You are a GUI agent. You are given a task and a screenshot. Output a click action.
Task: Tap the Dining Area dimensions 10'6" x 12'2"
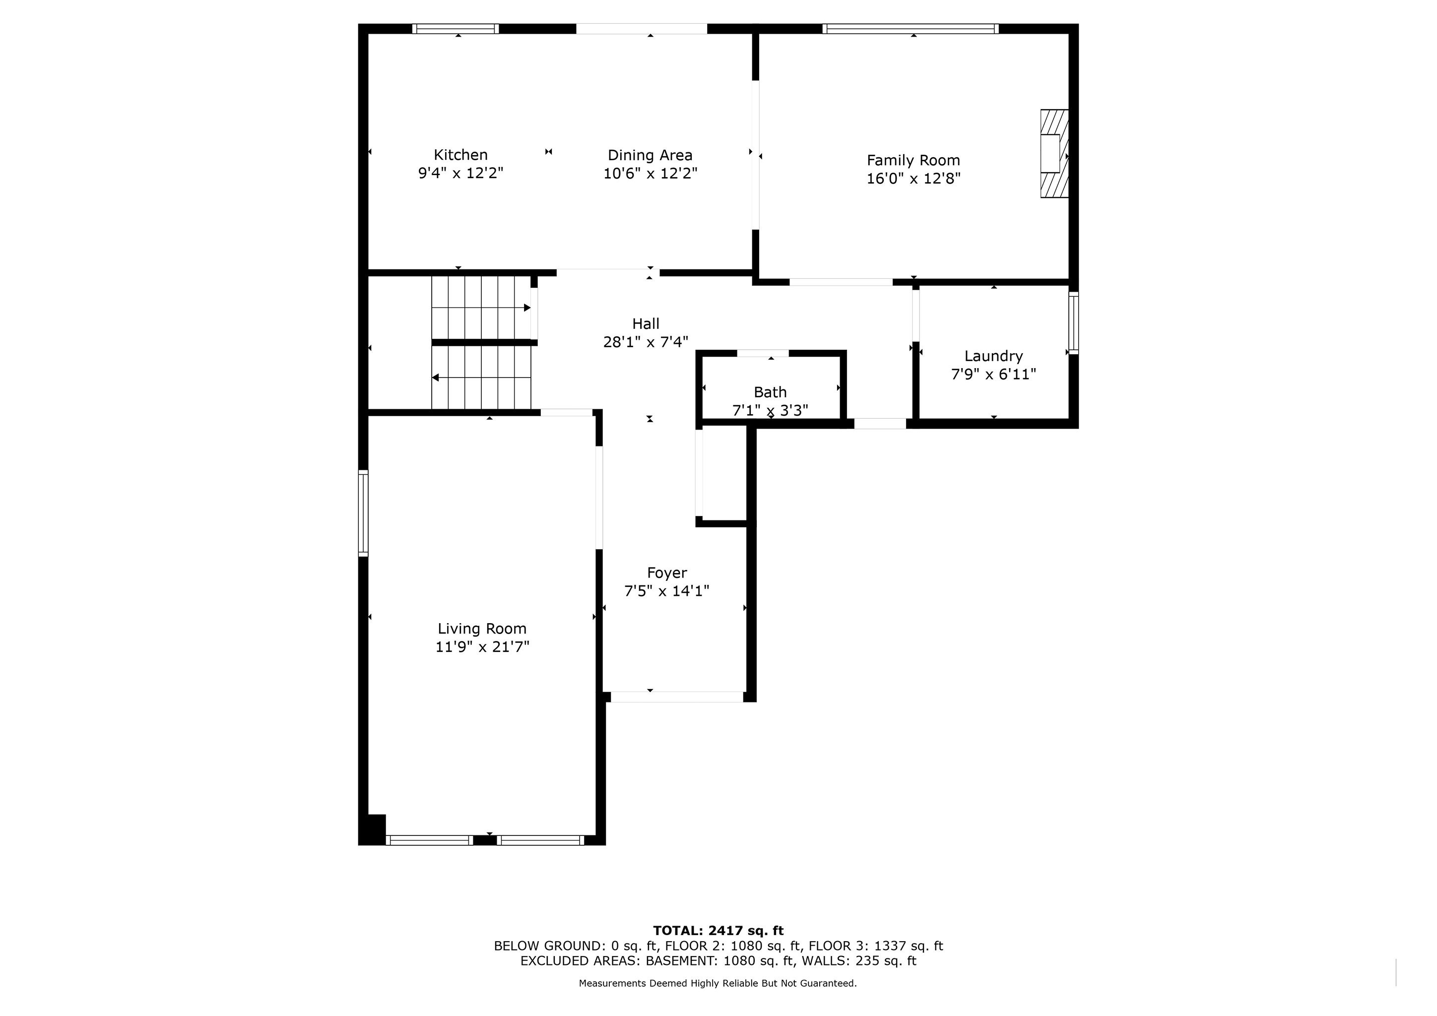[651, 173]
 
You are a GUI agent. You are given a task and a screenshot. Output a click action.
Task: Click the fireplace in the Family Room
[1054, 154]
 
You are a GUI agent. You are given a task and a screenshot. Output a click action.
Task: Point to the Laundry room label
[994, 356]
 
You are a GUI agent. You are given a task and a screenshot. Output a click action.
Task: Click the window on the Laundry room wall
[1073, 323]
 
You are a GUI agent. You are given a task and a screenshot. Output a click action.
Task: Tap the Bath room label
[771, 392]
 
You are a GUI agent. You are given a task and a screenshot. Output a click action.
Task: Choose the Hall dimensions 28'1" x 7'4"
[646, 342]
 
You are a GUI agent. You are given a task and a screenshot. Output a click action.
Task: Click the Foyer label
[667, 573]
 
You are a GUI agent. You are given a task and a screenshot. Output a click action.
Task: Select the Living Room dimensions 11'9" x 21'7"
[482, 647]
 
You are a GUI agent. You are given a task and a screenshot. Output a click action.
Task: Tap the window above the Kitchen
[456, 29]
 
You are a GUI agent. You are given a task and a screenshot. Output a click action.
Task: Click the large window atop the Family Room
[911, 29]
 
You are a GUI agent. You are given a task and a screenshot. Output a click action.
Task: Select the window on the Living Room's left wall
[363, 513]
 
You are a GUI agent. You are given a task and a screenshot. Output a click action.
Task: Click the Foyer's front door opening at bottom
[677, 697]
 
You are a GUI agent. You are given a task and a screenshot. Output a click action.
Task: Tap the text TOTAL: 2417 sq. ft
[718, 931]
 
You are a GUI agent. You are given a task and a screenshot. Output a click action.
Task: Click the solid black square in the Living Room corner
[374, 829]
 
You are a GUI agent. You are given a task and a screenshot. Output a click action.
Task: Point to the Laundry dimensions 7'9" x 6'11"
[994, 374]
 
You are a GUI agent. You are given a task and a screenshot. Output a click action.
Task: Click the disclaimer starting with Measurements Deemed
[718, 983]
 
